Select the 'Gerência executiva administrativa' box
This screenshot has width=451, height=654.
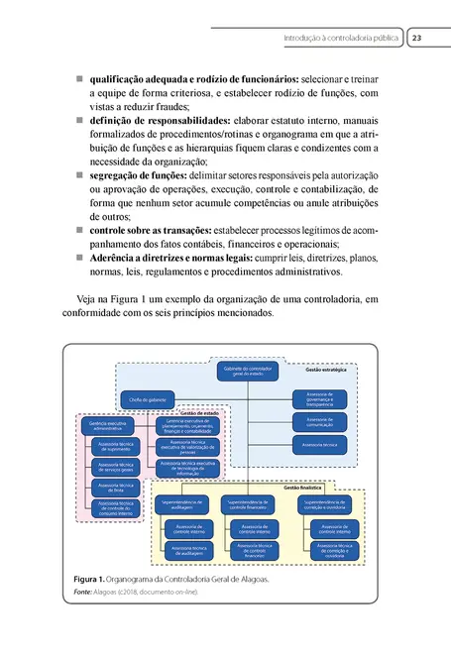(x=106, y=426)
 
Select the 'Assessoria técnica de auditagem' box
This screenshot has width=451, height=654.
(x=188, y=550)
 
